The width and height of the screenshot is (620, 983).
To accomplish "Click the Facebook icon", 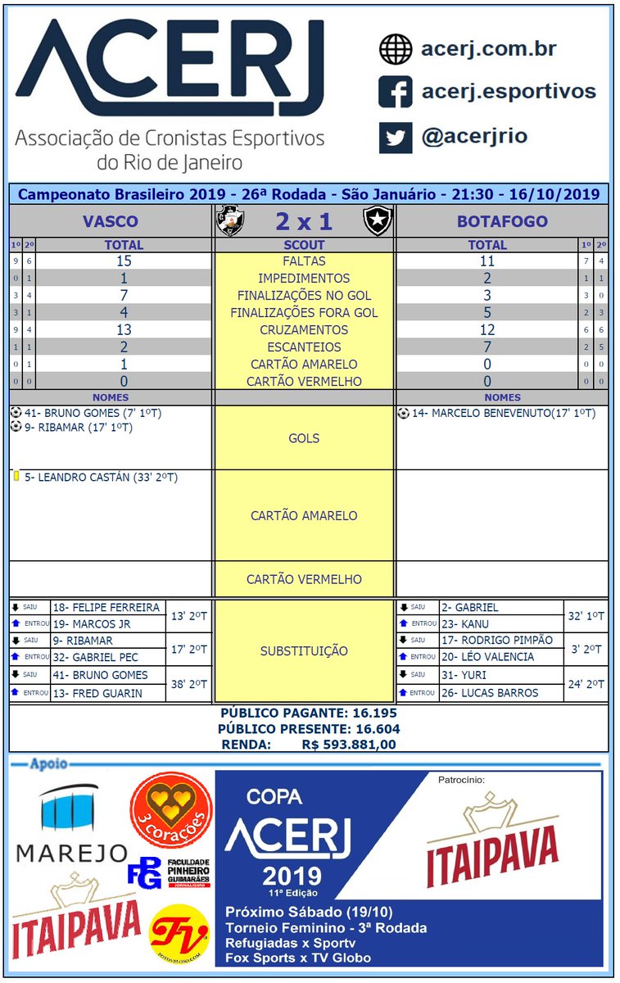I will pos(395,92).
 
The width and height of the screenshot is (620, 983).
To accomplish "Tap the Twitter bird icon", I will pos(395,137).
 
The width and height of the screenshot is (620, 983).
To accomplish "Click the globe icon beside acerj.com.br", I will pos(395,49).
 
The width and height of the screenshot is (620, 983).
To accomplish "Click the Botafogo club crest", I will pos(378,220).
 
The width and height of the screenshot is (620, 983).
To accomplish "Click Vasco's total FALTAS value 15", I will pos(124,261).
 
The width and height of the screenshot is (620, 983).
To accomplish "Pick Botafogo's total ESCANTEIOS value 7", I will pos(487,347).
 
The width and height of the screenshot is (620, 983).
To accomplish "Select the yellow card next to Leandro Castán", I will pos(16,476).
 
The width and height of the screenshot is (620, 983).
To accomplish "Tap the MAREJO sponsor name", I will pos(72,853).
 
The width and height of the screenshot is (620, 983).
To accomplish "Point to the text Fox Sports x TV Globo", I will pos(298,958).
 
